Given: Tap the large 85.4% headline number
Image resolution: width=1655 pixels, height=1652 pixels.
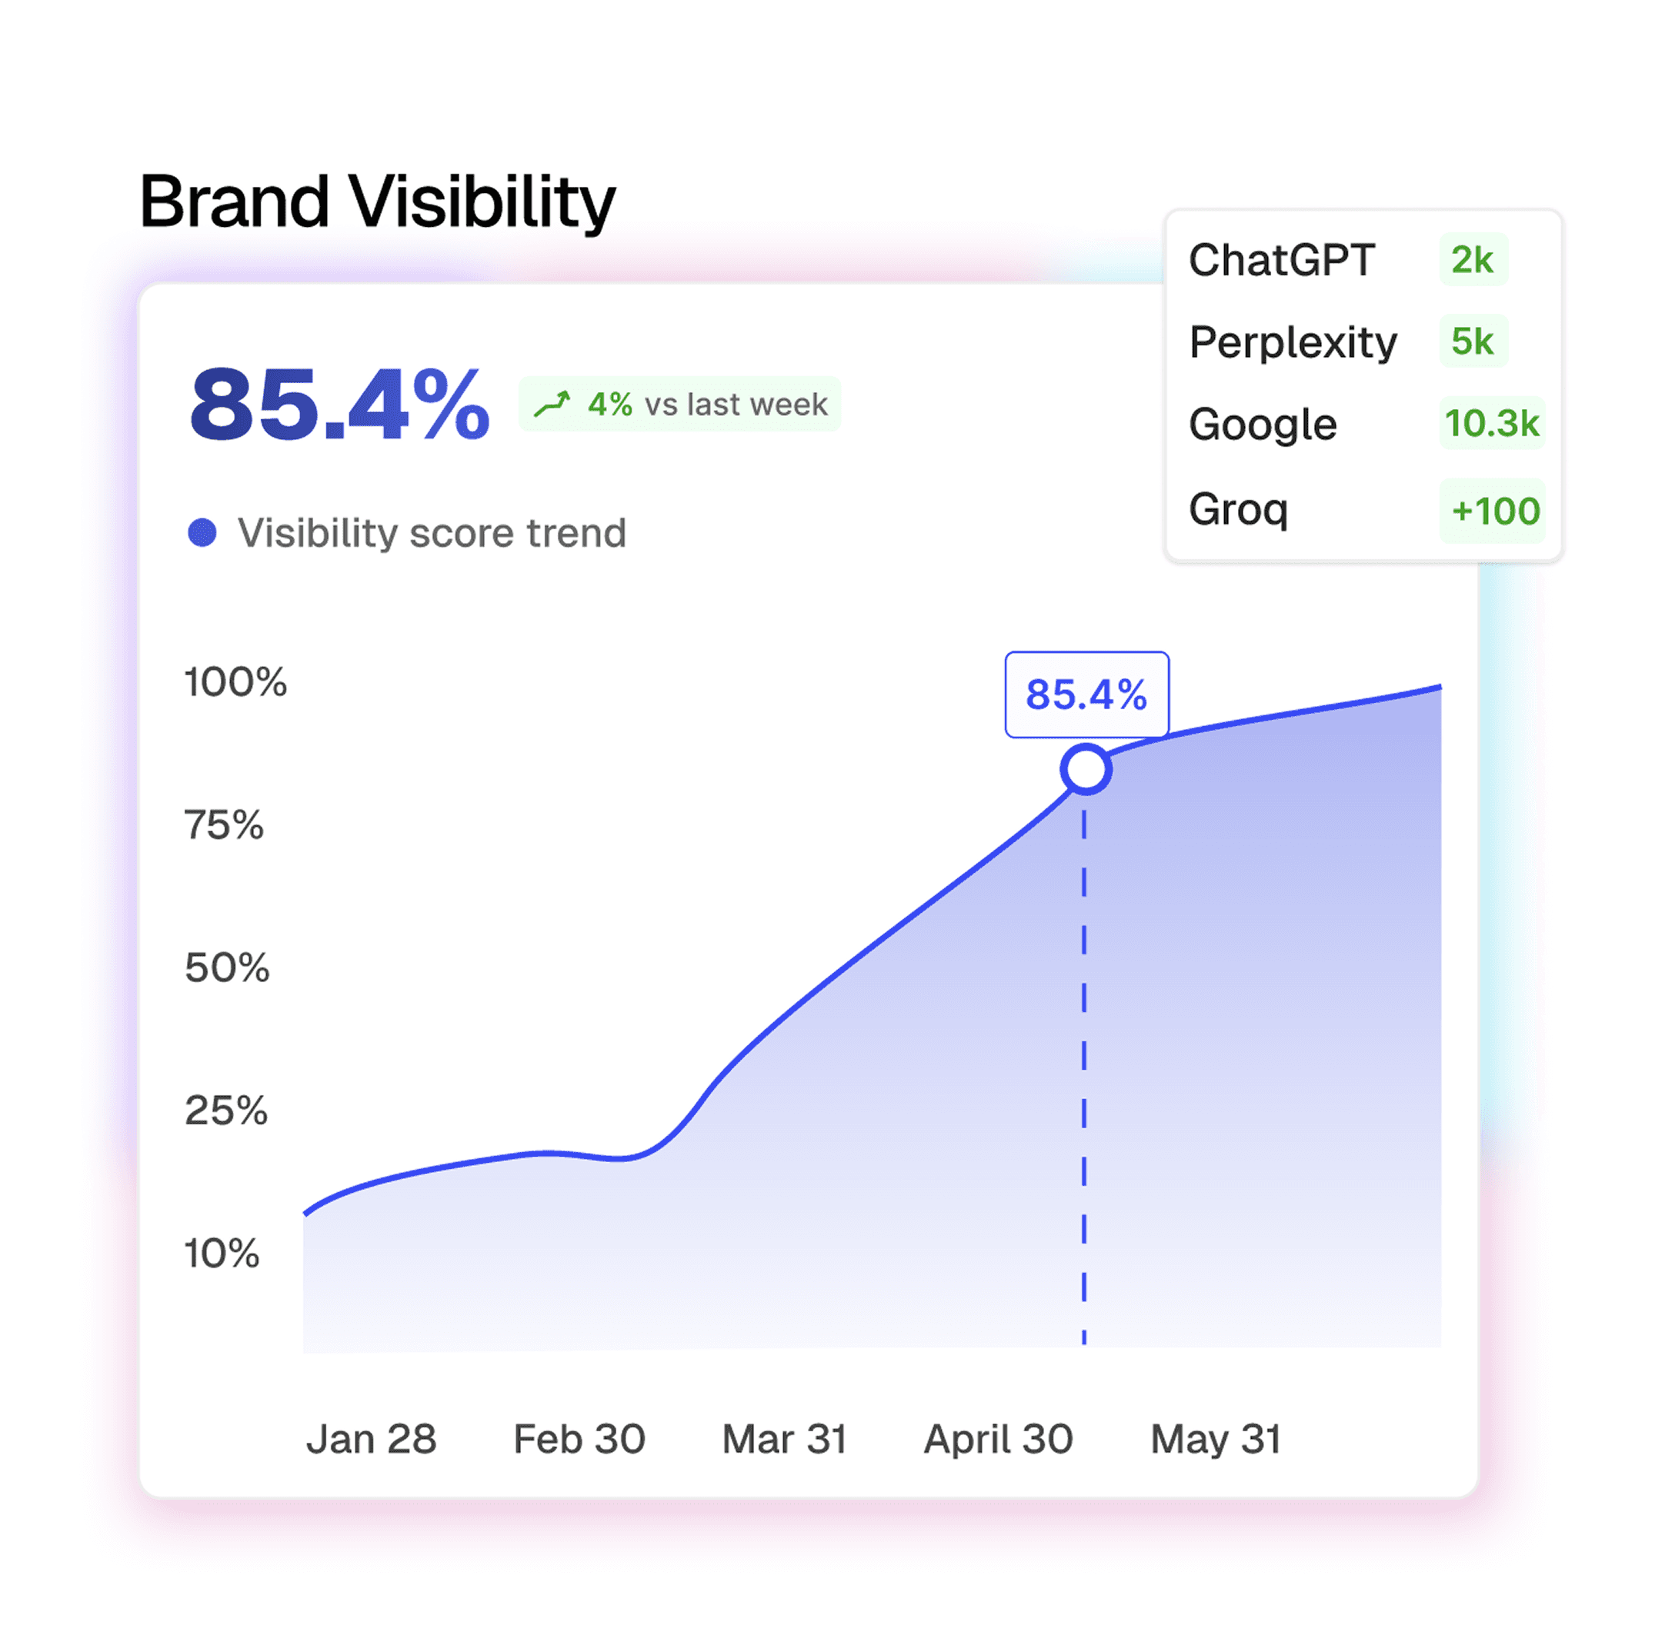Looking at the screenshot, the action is [339, 405].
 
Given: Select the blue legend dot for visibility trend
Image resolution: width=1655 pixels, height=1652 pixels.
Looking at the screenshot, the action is [202, 532].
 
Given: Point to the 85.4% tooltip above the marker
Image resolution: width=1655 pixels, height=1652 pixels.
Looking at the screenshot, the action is [1086, 694].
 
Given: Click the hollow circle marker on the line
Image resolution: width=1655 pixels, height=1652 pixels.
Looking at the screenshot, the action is [1086, 769].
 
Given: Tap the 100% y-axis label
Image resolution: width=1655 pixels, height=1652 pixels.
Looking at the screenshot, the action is [235, 682].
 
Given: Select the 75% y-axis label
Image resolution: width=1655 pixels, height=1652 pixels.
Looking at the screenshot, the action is [225, 824].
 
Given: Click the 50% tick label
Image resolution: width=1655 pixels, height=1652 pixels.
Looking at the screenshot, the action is [227, 968].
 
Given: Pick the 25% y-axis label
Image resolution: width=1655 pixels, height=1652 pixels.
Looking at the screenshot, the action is [226, 1111].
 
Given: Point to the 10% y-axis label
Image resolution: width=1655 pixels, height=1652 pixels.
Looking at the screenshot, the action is [222, 1253].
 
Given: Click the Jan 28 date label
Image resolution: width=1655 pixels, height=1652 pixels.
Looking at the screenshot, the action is [371, 1439].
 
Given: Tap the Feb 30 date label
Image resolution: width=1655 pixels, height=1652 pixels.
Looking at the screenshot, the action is [579, 1439].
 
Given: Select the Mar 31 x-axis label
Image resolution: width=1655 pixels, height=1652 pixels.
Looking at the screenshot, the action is [785, 1439].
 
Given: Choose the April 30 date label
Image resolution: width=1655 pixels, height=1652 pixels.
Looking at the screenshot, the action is [998, 1440].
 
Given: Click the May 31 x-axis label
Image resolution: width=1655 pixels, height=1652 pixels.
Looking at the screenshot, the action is [1216, 1440].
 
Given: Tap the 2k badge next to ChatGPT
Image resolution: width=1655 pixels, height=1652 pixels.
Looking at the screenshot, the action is [1473, 259].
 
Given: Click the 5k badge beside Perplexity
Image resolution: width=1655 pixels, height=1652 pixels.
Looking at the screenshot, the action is [1473, 341].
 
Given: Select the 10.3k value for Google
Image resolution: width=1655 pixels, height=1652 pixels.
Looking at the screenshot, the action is [1492, 423].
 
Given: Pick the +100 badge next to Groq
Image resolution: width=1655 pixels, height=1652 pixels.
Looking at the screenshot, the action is [1493, 511].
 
